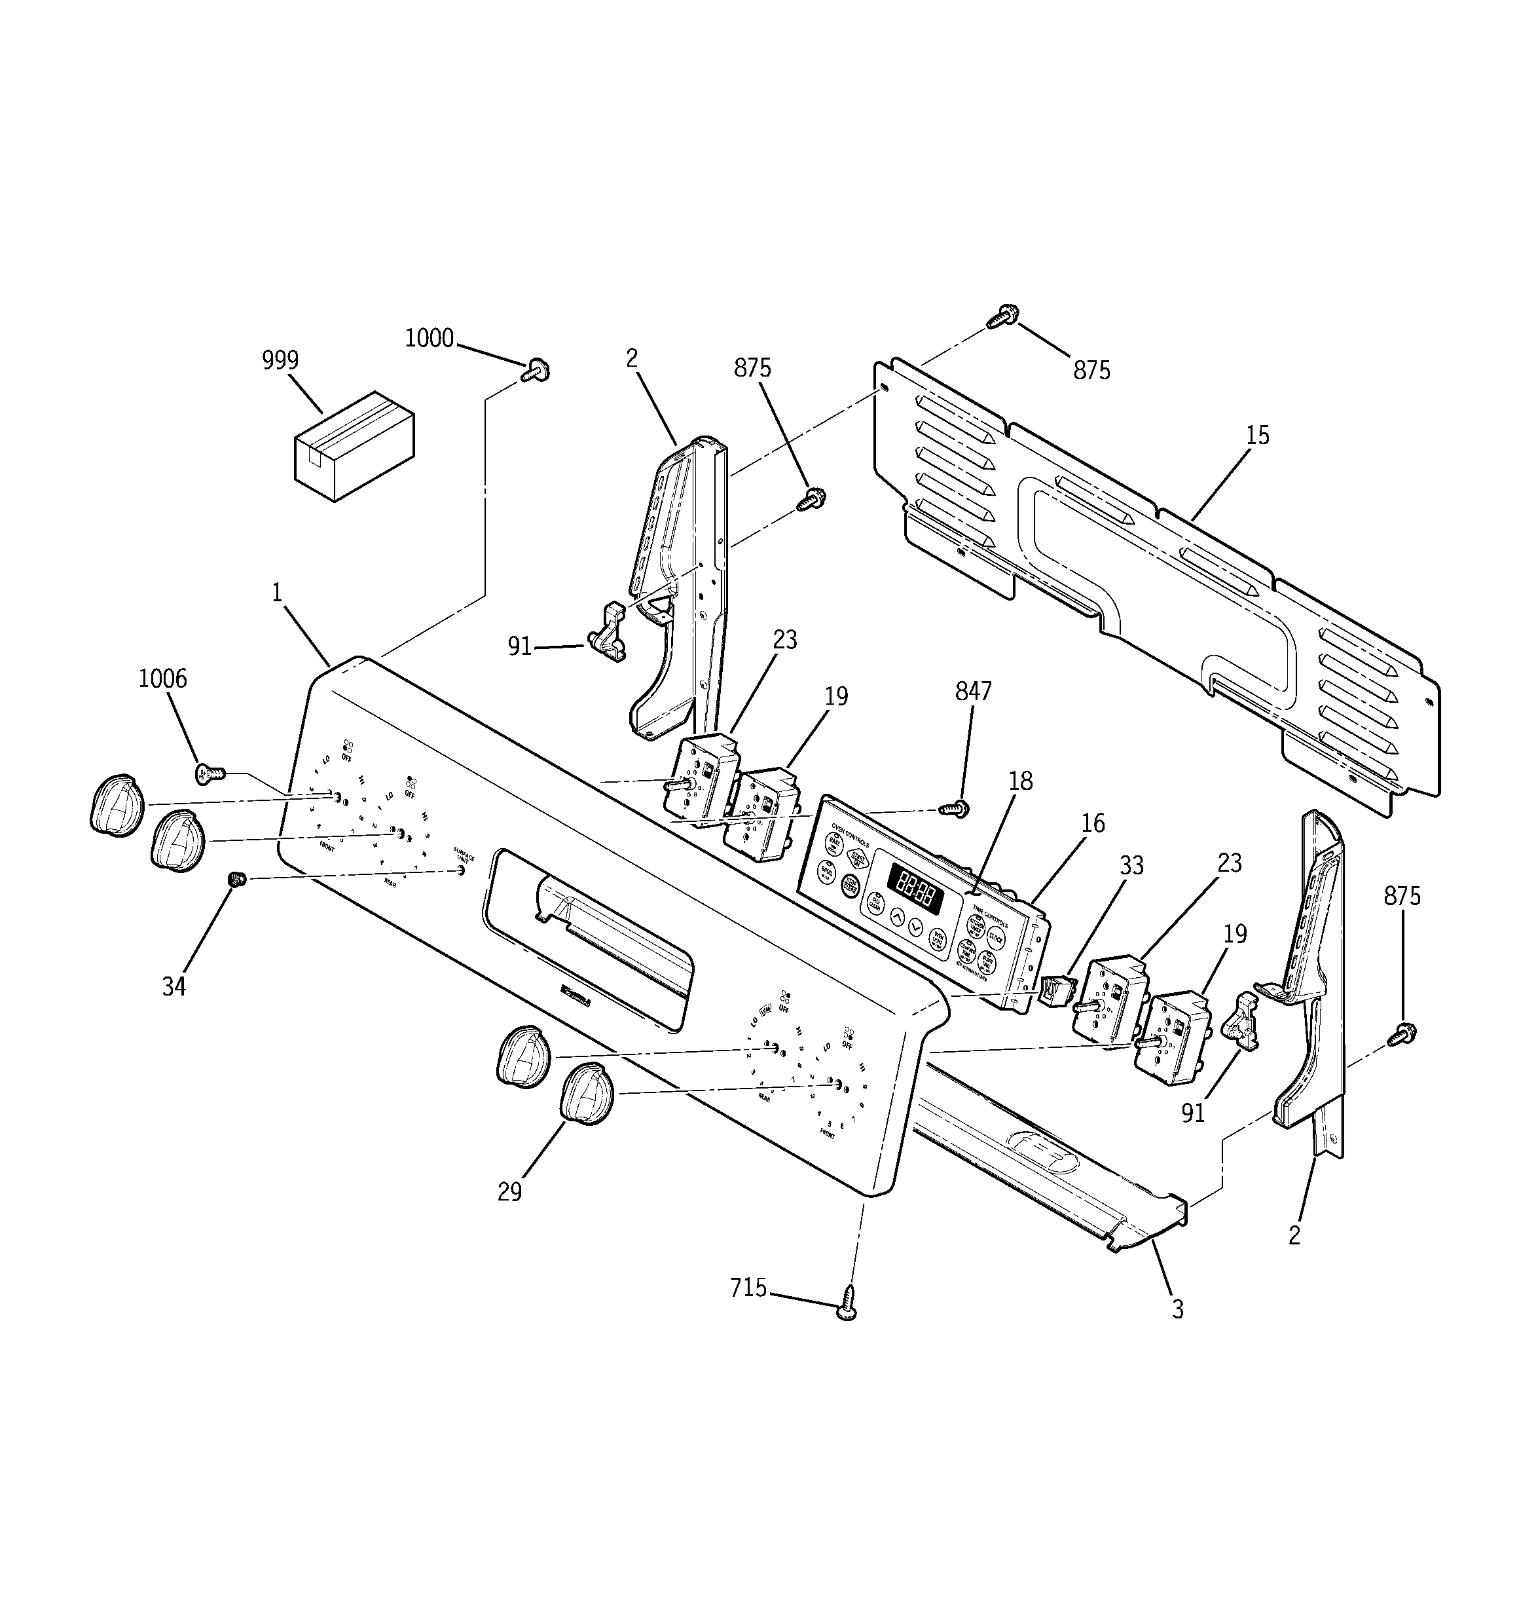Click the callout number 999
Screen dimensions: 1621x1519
280,360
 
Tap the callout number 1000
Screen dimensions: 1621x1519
429,337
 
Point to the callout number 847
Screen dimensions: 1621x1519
973,692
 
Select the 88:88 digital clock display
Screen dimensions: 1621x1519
915,882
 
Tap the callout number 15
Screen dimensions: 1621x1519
1257,436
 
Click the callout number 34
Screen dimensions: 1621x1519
174,986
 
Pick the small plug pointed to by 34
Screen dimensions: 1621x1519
237,879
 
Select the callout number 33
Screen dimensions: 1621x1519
1131,865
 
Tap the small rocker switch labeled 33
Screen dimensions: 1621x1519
1056,991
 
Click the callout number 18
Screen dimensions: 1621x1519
1020,781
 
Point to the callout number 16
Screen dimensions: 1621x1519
1093,823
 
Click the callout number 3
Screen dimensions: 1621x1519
1177,1309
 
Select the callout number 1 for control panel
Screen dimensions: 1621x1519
277,593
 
